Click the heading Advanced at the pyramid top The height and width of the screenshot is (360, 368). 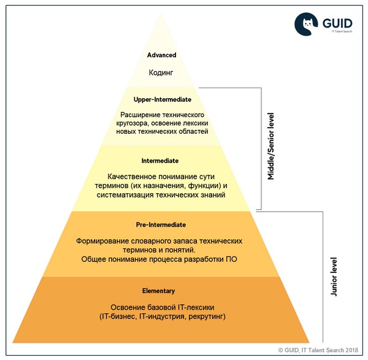(x=162, y=56)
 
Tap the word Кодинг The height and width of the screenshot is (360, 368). (x=162, y=72)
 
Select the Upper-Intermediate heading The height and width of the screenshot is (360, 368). (x=162, y=99)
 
